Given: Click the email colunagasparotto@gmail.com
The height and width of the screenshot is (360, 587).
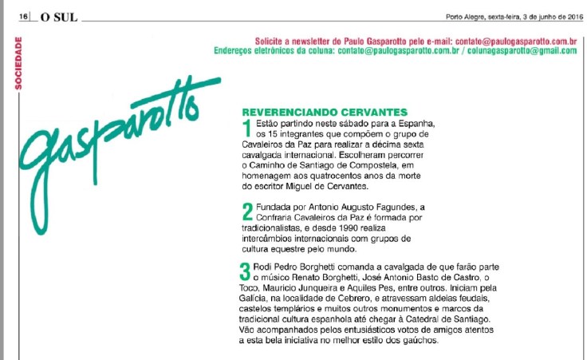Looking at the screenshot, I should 530,50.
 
